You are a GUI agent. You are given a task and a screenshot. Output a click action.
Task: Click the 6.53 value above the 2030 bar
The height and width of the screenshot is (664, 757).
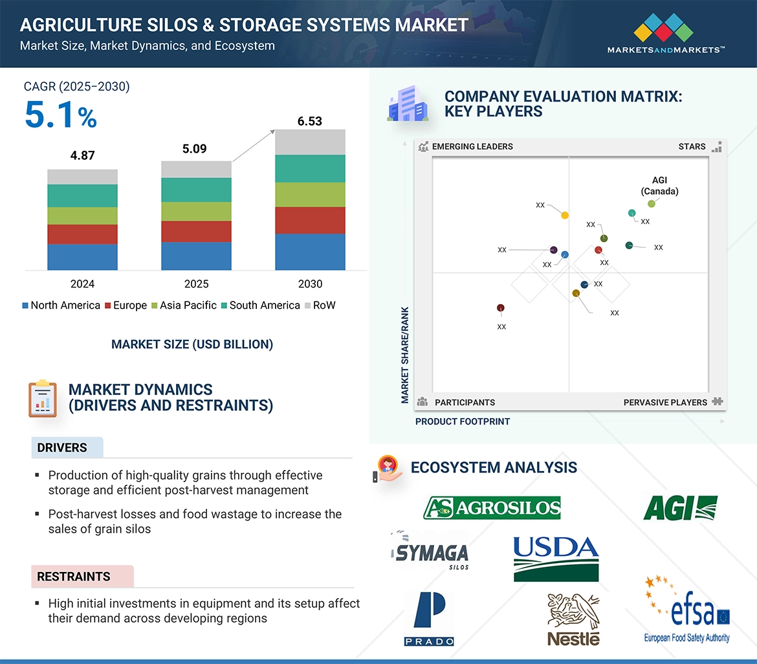309,121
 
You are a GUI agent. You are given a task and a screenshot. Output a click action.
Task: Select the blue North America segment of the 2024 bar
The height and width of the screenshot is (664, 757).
83,257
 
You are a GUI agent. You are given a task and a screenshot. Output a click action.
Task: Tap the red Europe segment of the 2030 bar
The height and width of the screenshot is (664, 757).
310,221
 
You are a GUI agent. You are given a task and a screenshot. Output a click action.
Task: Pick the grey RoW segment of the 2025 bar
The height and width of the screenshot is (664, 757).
197,170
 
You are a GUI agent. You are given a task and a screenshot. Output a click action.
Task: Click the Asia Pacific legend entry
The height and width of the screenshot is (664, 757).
184,305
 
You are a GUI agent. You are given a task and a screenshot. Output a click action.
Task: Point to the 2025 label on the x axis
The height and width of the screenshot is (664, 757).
197,284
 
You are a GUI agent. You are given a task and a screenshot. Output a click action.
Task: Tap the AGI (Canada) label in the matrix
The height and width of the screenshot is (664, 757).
659,186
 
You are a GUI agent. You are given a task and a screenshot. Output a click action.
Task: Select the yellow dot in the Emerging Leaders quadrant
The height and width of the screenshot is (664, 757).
565,216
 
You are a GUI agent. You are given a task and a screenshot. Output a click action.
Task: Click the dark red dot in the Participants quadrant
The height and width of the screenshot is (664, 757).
501,307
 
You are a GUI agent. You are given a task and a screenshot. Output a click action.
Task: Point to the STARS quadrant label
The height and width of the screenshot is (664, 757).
692,146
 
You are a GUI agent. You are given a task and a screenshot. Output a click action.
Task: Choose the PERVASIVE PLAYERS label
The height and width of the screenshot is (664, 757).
665,403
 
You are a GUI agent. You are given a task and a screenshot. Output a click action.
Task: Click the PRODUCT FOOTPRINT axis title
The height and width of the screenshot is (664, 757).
463,421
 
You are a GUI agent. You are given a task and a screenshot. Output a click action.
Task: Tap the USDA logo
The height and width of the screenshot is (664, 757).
556,559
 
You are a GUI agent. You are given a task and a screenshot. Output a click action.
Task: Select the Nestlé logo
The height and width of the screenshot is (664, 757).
573,619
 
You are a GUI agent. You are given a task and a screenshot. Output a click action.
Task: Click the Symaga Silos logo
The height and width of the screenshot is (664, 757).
430,551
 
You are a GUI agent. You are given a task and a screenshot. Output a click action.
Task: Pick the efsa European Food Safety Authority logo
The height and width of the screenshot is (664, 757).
687,610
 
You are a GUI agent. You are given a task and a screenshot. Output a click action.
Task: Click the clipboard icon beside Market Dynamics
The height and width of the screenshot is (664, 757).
43,399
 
